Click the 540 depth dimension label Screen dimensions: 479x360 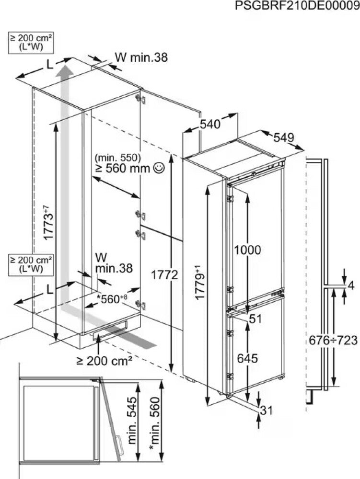coord(210,125)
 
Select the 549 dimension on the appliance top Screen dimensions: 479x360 coord(284,138)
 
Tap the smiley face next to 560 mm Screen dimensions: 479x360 coord(159,168)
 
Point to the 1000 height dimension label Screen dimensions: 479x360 coord(248,250)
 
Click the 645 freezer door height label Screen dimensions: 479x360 coord(248,358)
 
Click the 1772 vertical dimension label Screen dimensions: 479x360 coord(165,275)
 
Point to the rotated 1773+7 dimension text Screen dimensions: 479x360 coord(46,222)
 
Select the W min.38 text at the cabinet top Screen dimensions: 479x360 coord(141,58)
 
